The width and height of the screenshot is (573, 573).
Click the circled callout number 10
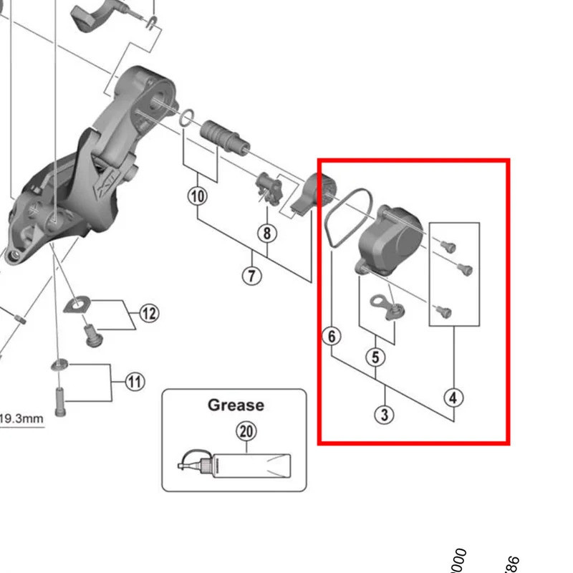198,196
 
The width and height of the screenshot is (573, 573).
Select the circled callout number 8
267,233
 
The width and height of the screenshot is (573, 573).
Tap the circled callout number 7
251,275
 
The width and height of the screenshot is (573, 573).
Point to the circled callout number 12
149,313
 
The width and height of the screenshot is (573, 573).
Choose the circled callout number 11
135,381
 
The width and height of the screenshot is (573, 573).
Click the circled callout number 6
332,335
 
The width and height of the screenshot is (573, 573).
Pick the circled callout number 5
377,356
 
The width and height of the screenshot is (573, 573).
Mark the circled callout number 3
385,413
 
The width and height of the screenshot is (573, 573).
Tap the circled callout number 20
246,431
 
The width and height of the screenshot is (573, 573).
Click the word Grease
236,405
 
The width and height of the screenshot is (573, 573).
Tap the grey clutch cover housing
388,240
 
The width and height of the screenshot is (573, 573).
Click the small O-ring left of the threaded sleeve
186,117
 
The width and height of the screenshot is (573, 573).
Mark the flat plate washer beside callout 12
75,305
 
